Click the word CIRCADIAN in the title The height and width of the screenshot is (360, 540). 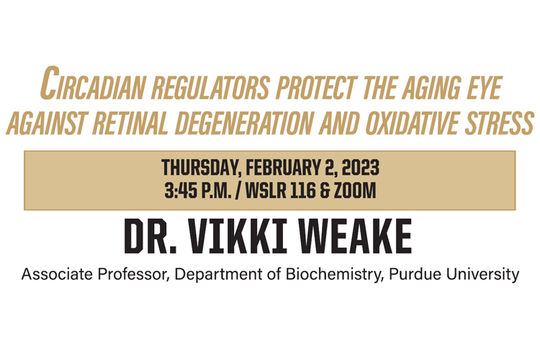click(93, 83)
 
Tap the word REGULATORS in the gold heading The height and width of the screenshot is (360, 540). click(210, 88)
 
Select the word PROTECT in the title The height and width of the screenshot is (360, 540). click(315, 88)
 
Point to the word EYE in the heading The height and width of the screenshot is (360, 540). click(485, 88)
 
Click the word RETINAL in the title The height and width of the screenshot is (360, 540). click(130, 123)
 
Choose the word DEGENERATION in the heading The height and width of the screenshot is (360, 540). click(244, 123)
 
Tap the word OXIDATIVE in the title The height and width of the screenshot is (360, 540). click(412, 123)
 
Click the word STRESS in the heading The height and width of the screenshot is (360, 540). click(500, 123)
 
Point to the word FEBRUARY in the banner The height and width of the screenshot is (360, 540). click(282, 167)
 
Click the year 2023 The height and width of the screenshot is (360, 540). click(361, 167)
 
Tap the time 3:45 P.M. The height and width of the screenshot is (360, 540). click(198, 191)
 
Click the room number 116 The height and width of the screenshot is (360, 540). click(303, 191)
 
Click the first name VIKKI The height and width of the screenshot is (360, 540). click(238, 236)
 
